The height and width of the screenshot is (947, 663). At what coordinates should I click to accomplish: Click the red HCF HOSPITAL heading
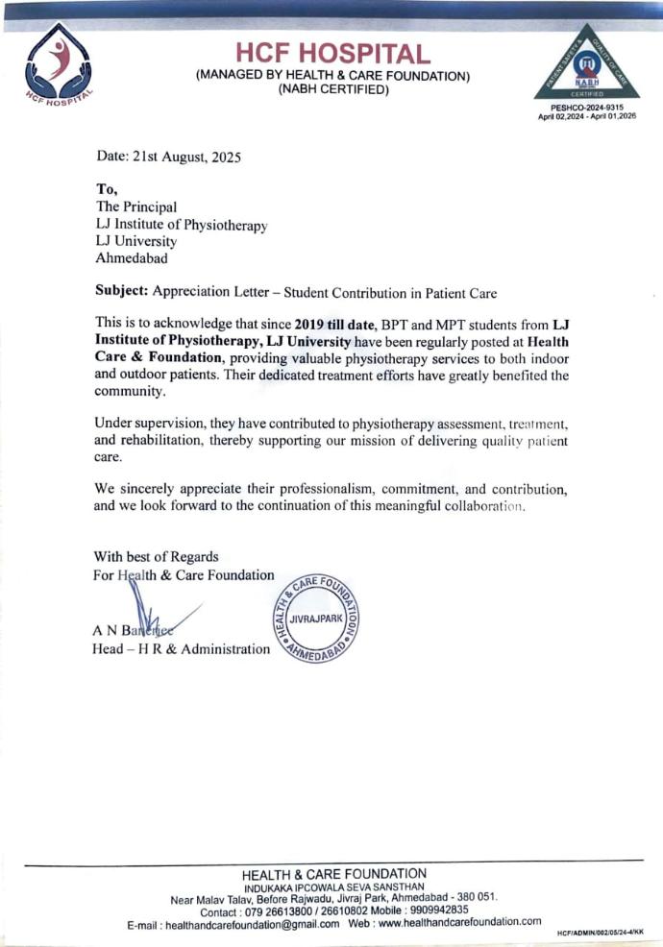pyautogui.click(x=332, y=54)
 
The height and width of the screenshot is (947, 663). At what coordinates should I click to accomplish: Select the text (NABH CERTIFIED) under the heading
pyautogui.click(x=332, y=90)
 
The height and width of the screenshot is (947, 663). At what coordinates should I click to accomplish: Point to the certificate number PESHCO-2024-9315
pyautogui.click(x=588, y=108)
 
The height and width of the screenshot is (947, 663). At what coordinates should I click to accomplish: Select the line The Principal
pyautogui.click(x=135, y=206)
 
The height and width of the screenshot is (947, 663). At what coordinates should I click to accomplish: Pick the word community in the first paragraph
pyautogui.click(x=129, y=392)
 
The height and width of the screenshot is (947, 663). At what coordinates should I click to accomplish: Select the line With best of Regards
pyautogui.click(x=156, y=556)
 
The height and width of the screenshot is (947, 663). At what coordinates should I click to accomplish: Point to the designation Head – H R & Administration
pyautogui.click(x=182, y=650)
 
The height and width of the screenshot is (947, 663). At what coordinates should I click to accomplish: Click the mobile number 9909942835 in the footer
pyautogui.click(x=430, y=910)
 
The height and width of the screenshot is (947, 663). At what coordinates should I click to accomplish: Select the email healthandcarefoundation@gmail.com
pyautogui.click(x=253, y=923)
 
